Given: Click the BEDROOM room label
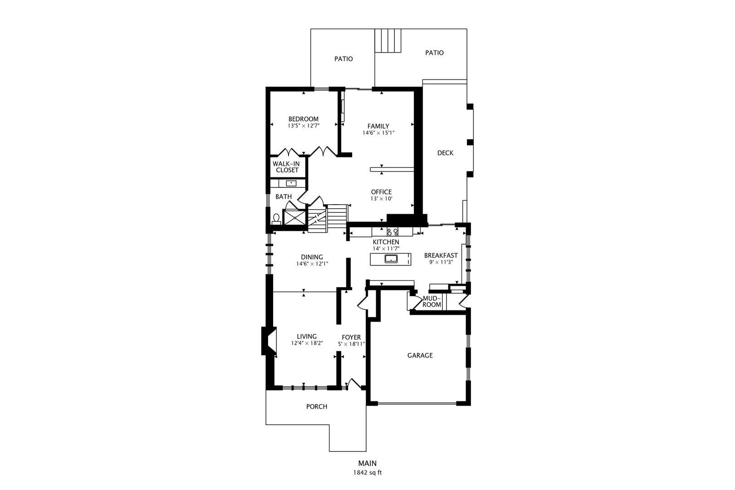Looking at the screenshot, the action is click(303, 119).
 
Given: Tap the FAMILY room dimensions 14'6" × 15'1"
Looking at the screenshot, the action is click(378, 133).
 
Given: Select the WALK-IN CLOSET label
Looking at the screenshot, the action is click(286, 167).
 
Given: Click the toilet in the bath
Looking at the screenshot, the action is click(276, 219).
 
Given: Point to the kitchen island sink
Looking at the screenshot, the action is click(391, 259).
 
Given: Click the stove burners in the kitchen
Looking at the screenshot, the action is click(392, 232).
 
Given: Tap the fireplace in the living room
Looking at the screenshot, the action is click(269, 340).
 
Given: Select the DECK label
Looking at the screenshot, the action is click(445, 152).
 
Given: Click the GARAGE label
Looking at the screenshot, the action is click(420, 355).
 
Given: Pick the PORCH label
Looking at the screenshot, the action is click(317, 407).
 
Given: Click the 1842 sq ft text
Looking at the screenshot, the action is click(367, 473).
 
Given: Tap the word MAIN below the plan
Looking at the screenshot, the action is click(367, 463).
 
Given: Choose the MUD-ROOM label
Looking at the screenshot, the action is click(431, 301).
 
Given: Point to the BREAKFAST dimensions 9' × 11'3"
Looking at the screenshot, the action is click(441, 262).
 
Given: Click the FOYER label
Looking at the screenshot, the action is click(351, 337).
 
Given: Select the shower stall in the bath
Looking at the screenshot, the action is click(294, 218).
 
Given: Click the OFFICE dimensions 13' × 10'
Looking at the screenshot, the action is click(381, 199).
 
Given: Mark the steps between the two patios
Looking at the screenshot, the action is click(388, 40).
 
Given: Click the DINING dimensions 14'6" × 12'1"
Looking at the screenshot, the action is click(312, 264).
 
